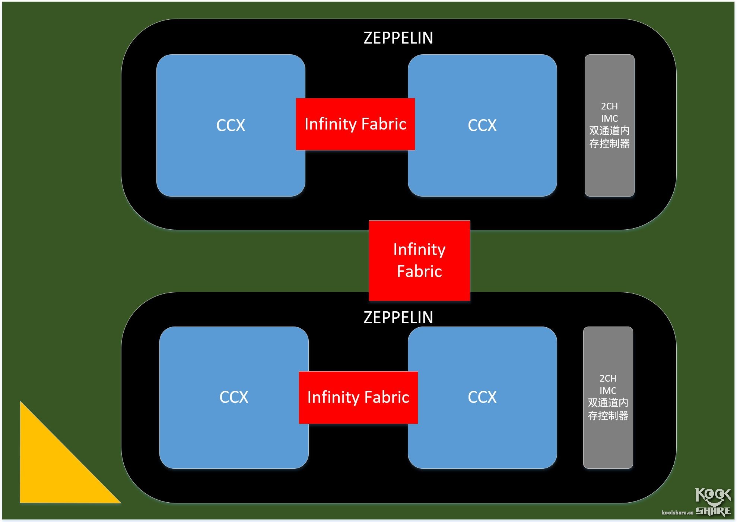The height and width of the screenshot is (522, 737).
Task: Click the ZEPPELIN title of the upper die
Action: click(398, 38)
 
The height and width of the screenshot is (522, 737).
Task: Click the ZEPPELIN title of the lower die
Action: click(398, 318)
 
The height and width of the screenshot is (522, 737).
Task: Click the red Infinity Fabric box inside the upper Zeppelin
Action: click(355, 124)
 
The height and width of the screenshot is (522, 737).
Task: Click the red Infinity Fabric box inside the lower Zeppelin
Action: click(358, 397)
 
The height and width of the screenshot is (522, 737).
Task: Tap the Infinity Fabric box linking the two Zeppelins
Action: click(419, 260)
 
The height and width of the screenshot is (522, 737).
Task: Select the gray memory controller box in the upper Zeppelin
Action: click(609, 171)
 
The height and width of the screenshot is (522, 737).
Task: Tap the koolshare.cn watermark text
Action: click(677, 513)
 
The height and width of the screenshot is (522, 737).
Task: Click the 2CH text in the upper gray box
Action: click(609, 106)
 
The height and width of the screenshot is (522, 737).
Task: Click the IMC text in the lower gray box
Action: click(608, 391)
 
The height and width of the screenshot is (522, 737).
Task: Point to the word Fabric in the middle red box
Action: click(419, 271)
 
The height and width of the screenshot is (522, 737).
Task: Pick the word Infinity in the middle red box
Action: click(419, 249)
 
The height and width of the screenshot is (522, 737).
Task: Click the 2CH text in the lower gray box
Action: click(608, 378)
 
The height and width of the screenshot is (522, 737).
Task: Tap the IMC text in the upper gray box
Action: click(609, 119)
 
